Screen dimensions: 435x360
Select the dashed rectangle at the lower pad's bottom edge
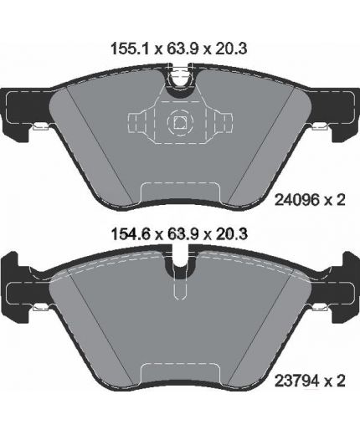(177, 374)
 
